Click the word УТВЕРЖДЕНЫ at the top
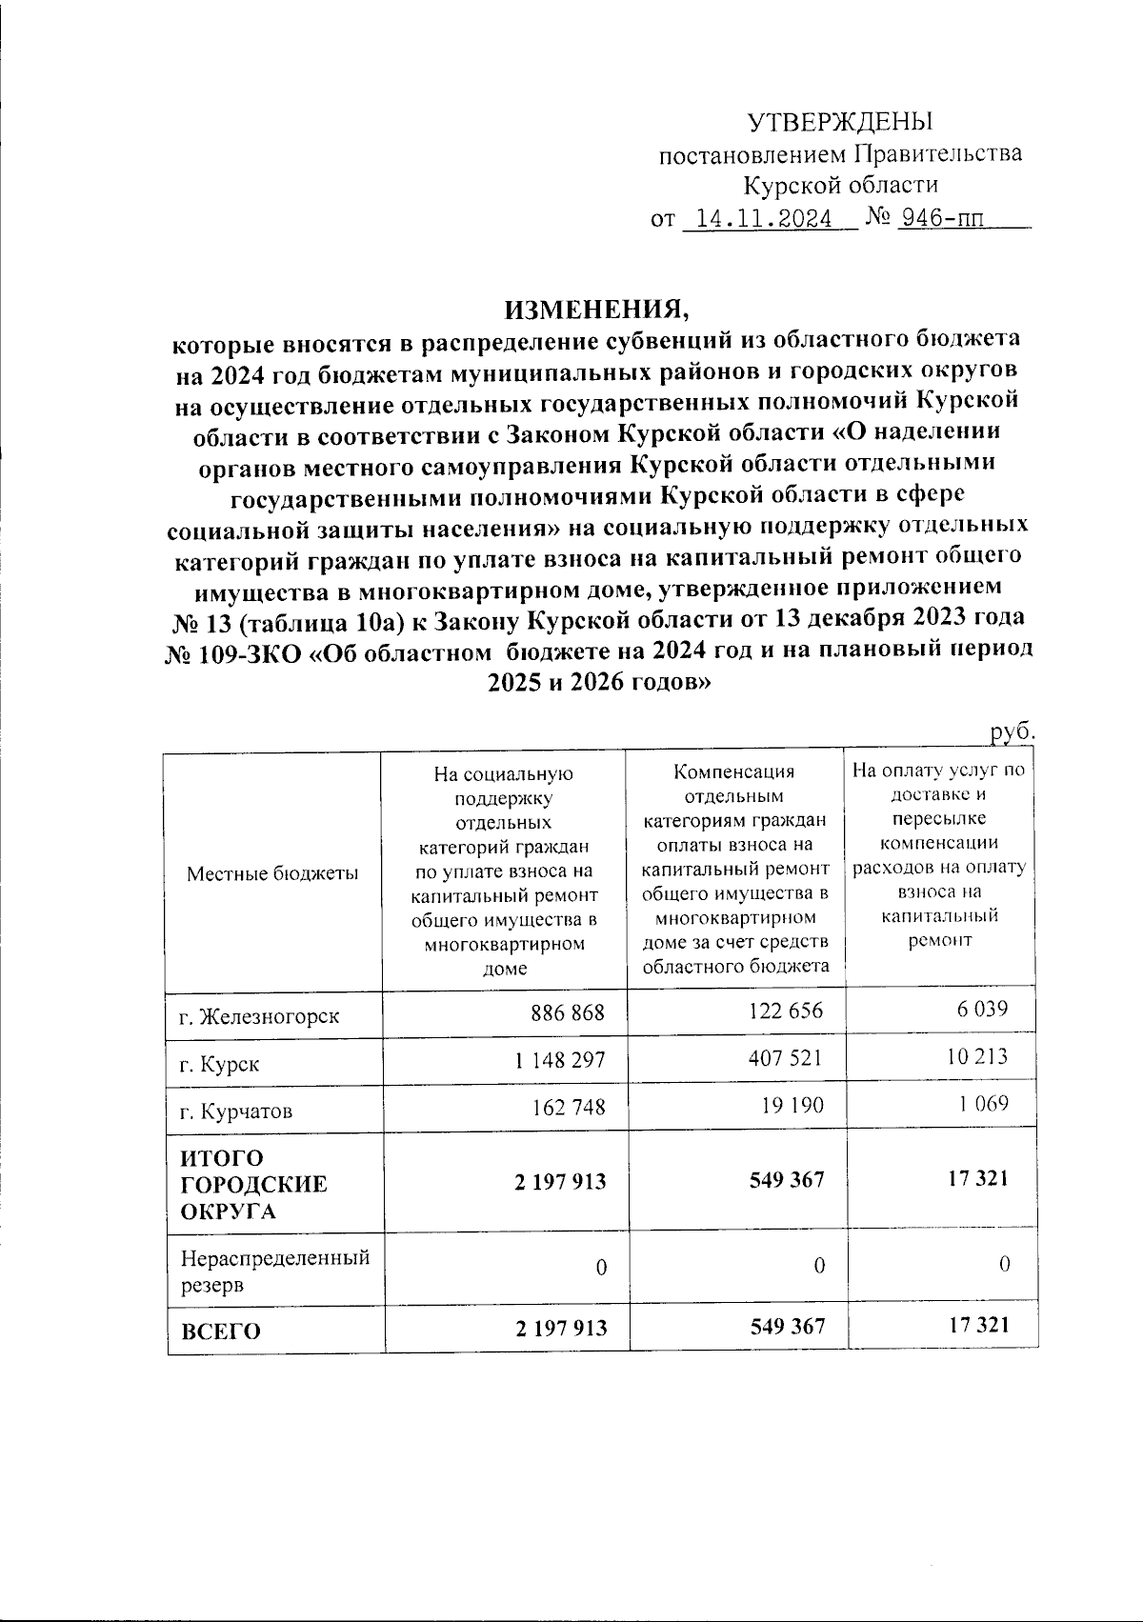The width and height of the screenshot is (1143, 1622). (839, 123)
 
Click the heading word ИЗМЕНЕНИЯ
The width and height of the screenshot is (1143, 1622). (595, 310)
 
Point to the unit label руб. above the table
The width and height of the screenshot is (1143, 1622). (1012, 731)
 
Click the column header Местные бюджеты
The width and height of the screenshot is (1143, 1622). (272, 873)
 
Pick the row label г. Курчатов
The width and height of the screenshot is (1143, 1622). (236, 1111)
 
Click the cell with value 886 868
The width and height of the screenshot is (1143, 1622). (568, 1012)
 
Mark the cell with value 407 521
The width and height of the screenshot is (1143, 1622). (784, 1058)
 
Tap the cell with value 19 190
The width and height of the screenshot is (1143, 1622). (791, 1106)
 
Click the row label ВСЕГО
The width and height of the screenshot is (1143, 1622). (220, 1332)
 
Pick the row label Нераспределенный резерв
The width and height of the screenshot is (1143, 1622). (275, 1271)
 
